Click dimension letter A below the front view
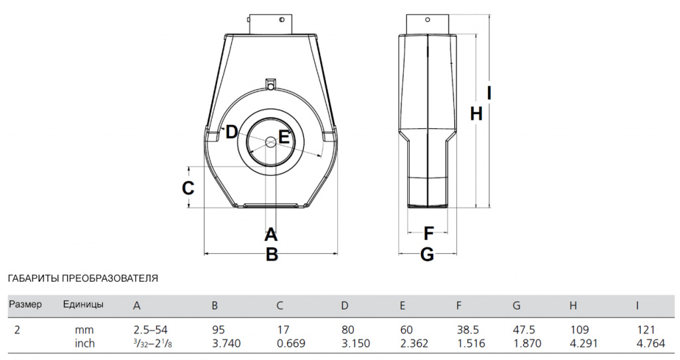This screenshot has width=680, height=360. [271, 234]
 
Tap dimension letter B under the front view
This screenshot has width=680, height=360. [272, 254]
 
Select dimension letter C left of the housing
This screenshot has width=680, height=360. [188, 188]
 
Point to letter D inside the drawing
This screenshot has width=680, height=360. [231, 132]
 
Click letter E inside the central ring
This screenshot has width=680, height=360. [284, 137]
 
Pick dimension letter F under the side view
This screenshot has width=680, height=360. [428, 233]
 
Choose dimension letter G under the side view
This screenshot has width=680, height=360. [427, 254]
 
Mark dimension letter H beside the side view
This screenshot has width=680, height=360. [476, 114]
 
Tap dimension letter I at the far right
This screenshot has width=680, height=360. [489, 93]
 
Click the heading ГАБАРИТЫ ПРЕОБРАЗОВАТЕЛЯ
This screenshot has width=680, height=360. [83, 278]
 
